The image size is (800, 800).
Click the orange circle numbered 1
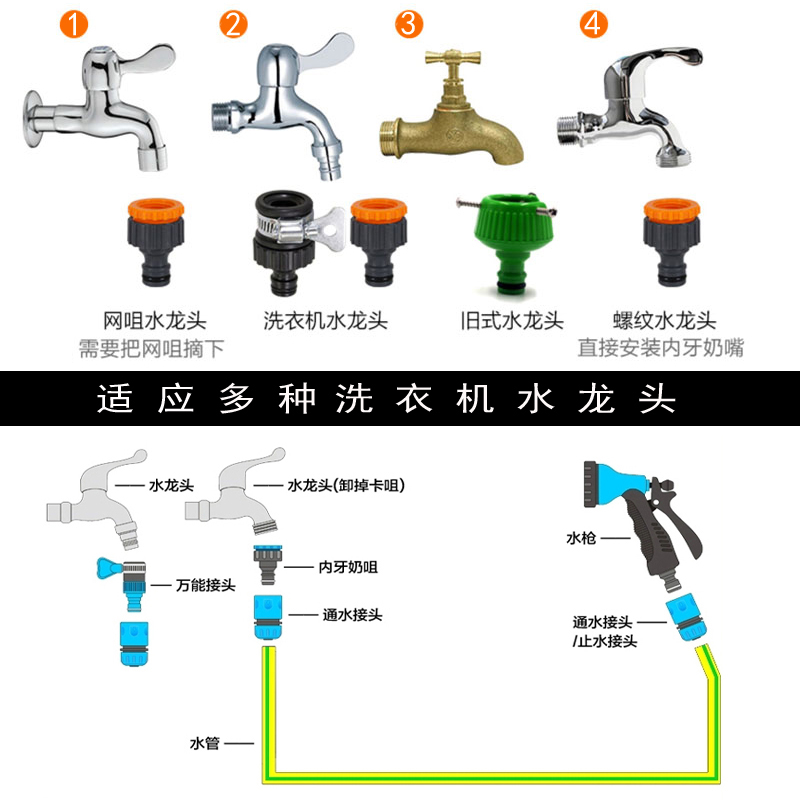pyautogui.click(x=70, y=24)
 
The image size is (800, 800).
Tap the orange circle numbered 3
pyautogui.click(x=409, y=24)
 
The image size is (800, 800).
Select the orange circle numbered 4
pyautogui.click(x=594, y=24)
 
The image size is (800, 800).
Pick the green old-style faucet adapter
pyautogui.click(x=499, y=241)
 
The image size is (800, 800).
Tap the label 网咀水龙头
pyautogui.click(x=154, y=321)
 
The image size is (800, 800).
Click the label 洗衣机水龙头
pyautogui.click(x=325, y=321)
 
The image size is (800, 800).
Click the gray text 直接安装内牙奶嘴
pyautogui.click(x=661, y=348)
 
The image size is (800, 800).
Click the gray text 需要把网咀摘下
pyautogui.click(x=152, y=348)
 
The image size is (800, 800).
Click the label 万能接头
pyautogui.click(x=205, y=585)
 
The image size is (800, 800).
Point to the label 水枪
pyautogui.click(x=580, y=538)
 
